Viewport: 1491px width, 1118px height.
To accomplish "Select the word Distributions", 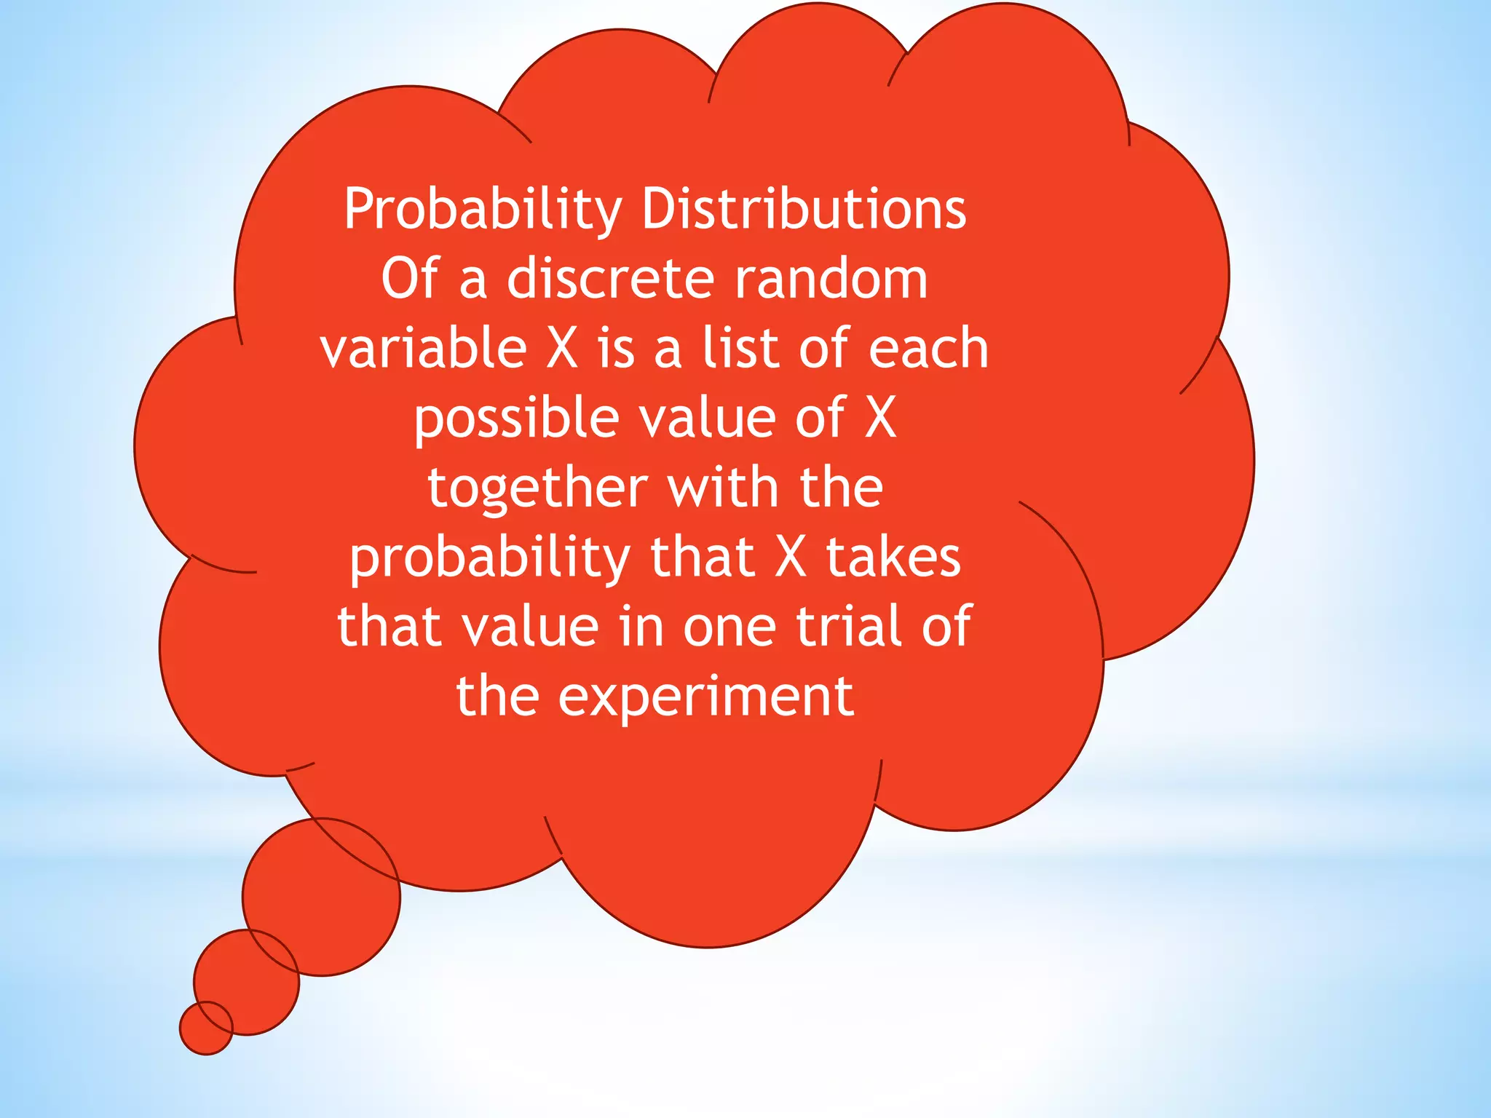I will coord(804,210).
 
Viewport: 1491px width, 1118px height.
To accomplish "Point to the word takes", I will coord(893,558).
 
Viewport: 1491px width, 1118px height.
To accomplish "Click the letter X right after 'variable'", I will coord(562,348).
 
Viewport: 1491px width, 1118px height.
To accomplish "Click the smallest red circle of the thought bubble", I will coord(206,1028).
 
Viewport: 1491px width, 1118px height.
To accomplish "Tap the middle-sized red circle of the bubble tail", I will coord(246,982).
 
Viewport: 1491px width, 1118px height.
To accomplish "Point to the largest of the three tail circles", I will coord(321,897).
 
